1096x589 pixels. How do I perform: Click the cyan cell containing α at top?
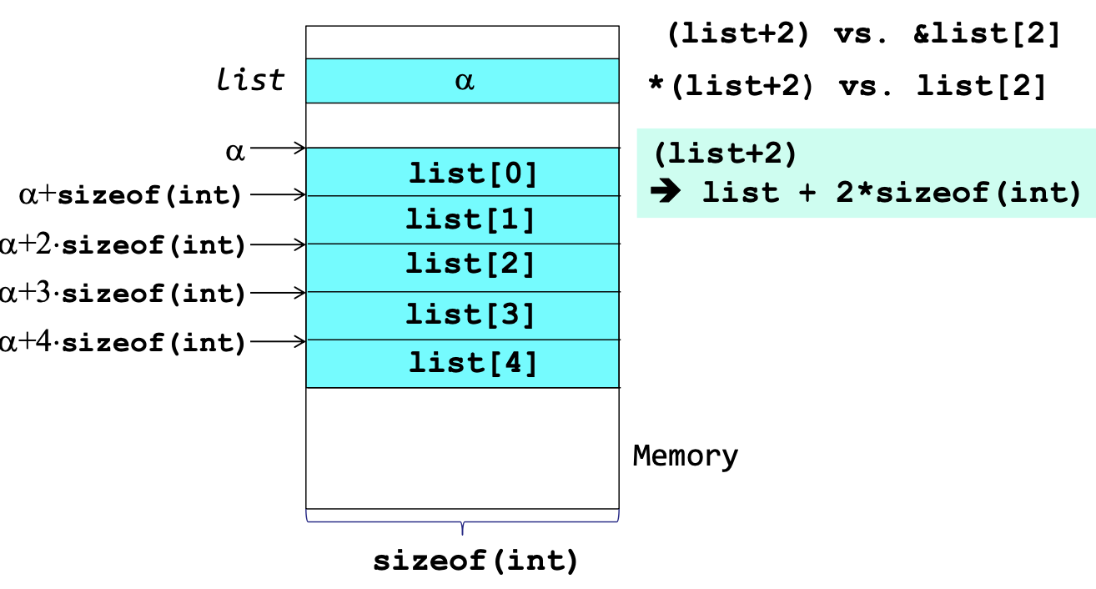[463, 81]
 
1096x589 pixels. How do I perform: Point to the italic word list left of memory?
[250, 81]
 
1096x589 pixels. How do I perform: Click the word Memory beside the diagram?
[686, 456]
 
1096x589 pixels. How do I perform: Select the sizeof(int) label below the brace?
[475, 561]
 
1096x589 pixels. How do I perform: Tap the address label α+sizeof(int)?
[130, 196]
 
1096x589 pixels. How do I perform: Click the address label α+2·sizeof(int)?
[123, 245]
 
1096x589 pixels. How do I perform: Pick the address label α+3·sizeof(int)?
[123, 294]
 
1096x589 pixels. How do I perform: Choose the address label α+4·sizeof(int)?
[123, 342]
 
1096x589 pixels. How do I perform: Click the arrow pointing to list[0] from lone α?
[279, 149]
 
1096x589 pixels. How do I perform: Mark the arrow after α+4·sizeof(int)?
[279, 341]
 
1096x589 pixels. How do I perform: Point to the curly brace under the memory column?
[463, 523]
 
